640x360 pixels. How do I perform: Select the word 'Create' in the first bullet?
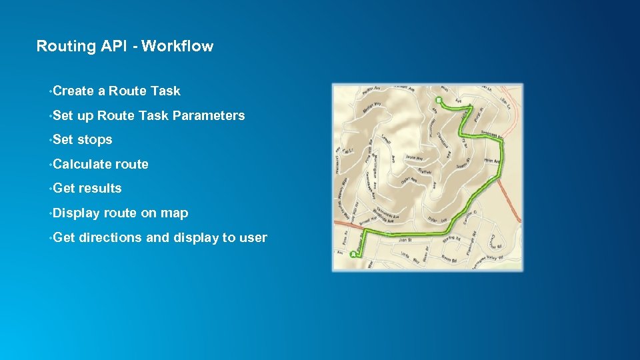point(73,91)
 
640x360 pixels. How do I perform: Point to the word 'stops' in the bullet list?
point(95,139)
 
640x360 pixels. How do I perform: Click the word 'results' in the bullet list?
point(100,188)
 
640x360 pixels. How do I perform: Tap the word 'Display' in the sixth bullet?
point(76,213)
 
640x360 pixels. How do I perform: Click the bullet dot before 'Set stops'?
point(50,139)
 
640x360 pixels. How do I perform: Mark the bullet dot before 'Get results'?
point(50,188)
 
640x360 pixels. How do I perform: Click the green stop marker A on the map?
point(353,254)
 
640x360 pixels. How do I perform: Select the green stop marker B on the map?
point(438,101)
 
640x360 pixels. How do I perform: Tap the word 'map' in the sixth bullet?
point(176,213)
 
